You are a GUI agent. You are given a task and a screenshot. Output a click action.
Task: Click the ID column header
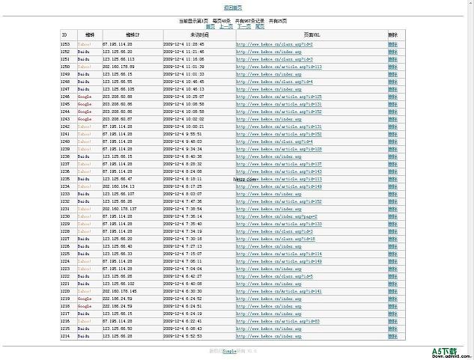(64, 34)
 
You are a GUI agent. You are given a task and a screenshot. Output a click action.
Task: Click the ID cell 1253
(65, 44)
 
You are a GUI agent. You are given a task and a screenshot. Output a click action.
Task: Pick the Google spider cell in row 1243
(85, 119)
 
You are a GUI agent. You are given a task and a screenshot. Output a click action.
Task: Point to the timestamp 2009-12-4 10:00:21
(183, 126)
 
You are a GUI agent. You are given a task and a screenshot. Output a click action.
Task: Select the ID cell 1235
(65, 179)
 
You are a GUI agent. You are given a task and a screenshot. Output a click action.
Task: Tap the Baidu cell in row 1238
(84, 156)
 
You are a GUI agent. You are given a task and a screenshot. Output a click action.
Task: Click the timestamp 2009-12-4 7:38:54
(183, 209)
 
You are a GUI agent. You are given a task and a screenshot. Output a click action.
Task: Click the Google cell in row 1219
(85, 299)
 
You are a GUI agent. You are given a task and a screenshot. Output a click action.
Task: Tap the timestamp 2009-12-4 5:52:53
(183, 336)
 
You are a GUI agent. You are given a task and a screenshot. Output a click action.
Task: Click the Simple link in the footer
(229, 350)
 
